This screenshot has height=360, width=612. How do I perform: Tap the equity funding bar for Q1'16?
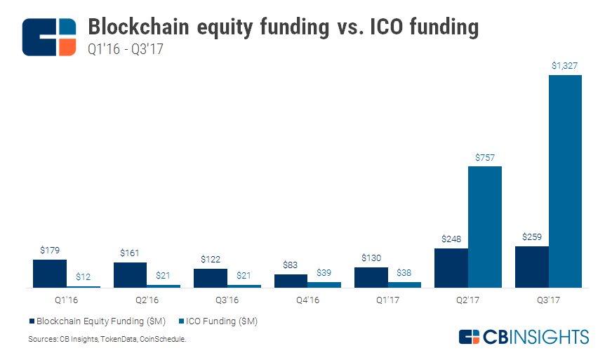pyautogui.click(x=50, y=274)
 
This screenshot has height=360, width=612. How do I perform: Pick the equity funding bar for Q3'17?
pyautogui.click(x=531, y=267)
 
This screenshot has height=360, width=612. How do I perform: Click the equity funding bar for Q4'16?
pyautogui.click(x=291, y=281)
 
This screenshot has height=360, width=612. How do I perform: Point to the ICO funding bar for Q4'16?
pyautogui.click(x=324, y=284)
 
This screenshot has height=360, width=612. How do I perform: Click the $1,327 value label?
pyautogui.click(x=565, y=66)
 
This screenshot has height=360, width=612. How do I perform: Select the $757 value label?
pyautogui.click(x=484, y=157)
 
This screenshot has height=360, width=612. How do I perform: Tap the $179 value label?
pyautogui.click(x=50, y=250)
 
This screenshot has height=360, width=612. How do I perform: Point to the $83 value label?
pyautogui.click(x=291, y=265)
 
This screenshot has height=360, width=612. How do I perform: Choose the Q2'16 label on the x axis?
pyautogui.click(x=147, y=300)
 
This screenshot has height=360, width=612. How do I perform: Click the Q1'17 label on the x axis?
pyautogui.click(x=387, y=300)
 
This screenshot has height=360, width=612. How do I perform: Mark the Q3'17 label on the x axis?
pyautogui.click(x=548, y=300)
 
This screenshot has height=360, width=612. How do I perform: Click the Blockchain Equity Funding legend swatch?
pyautogui.click(x=32, y=321)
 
